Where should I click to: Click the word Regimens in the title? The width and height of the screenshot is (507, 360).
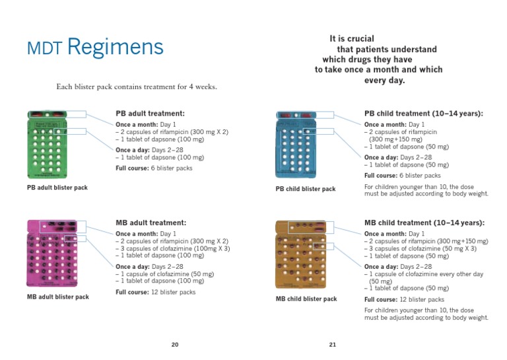click(x=115, y=48)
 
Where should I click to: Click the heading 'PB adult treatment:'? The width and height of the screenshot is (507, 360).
click(x=150, y=114)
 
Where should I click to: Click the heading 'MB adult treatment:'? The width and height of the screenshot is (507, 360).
click(x=151, y=223)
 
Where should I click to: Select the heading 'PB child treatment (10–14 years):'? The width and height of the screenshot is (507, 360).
click(x=424, y=114)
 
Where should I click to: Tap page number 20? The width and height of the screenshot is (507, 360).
click(x=175, y=344)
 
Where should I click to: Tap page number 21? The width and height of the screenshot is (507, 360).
click(x=332, y=344)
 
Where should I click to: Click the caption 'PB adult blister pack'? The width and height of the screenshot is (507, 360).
click(x=57, y=188)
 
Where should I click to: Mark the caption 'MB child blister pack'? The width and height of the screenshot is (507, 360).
click(x=306, y=299)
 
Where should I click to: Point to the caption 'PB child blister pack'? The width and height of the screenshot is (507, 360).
click(x=306, y=189)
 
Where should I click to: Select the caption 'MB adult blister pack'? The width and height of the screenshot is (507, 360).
click(x=58, y=297)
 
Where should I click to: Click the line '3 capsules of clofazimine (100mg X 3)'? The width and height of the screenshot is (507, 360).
click(x=173, y=248)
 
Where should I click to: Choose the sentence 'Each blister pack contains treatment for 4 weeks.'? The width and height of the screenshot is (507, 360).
click(x=137, y=87)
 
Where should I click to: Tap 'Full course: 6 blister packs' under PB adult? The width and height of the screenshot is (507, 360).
click(x=154, y=168)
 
